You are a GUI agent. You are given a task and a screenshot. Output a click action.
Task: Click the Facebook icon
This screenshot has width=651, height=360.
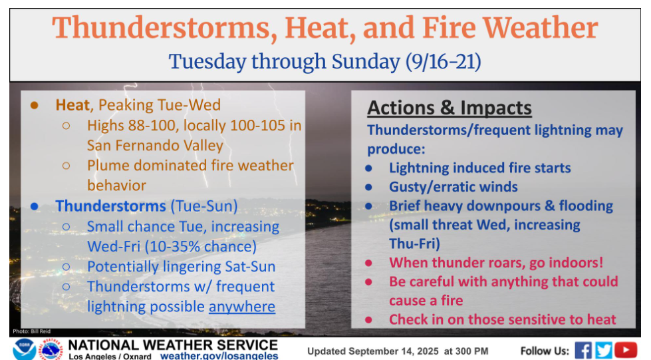coord(583,351)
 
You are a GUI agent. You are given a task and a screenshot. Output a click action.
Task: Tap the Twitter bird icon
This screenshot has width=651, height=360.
coord(603,351)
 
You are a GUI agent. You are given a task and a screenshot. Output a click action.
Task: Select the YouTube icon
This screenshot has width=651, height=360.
coord(626,350)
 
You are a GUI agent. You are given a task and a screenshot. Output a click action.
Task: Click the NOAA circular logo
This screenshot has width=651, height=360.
coord(24,349)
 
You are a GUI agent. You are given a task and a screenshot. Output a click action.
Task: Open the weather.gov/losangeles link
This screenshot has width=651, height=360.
coord(219,356)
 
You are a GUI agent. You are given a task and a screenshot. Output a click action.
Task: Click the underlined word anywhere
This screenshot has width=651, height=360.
coord(242,307)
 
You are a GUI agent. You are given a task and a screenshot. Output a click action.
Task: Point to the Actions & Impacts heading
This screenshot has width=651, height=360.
coord(450,108)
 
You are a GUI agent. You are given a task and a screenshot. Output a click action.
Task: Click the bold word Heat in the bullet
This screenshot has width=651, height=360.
coord(72,105)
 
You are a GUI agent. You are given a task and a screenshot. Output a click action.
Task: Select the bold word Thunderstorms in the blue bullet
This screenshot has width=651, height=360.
coord(111,206)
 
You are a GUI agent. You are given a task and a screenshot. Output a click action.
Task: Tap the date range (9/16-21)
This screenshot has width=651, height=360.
coord(444,61)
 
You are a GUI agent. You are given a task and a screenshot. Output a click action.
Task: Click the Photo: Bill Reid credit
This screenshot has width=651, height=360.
coord(31,331)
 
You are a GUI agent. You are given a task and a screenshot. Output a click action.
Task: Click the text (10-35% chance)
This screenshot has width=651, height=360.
coord(201,246)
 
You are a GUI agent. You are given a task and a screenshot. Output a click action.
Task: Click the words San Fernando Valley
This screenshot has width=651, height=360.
coord(156,146)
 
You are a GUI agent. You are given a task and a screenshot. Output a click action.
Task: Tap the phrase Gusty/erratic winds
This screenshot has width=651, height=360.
coord(454,187)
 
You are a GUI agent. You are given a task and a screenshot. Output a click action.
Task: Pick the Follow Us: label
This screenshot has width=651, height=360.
coord(545,351)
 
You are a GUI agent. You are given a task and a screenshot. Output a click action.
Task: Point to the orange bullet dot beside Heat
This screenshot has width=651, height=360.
coord(35,106)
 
